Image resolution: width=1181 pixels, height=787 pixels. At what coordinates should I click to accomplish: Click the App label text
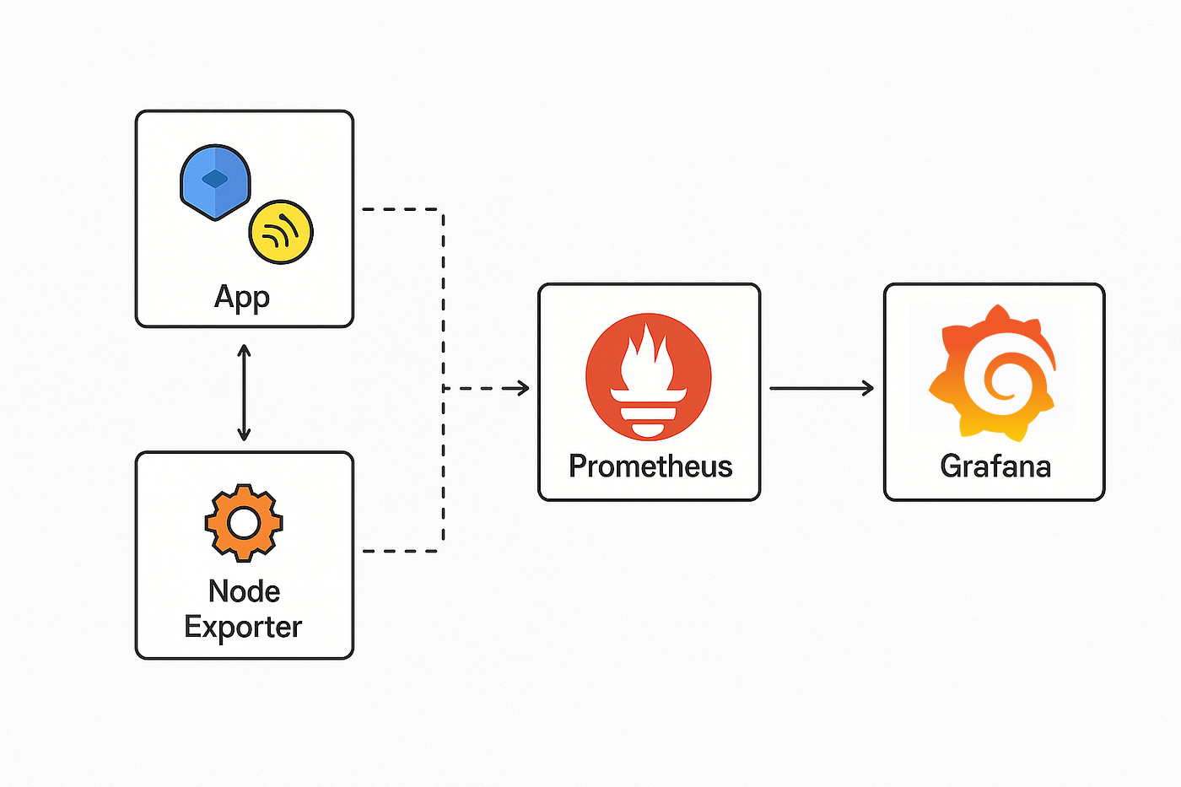pos(242,297)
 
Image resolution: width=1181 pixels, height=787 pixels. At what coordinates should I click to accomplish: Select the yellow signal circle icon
pos(281,232)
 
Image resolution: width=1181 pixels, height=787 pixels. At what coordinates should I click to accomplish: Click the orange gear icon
pos(244,523)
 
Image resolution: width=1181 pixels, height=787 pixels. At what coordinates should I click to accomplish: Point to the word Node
pos(244,591)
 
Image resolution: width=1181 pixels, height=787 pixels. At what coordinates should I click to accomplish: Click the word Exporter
pos(243,627)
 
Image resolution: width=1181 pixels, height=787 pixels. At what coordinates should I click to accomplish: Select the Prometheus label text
pos(650,466)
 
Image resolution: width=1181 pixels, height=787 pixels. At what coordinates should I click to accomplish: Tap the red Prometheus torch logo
pos(649,377)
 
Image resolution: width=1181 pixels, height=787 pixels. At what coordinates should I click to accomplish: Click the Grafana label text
pos(995,466)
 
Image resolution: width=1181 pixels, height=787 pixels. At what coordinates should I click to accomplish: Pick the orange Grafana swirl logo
pos(993,373)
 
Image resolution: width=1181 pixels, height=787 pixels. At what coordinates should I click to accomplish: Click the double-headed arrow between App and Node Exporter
pos(244,392)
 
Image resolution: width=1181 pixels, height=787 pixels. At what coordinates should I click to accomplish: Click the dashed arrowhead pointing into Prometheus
pos(523,388)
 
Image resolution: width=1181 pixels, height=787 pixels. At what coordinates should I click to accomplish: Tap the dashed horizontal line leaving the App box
pos(401,208)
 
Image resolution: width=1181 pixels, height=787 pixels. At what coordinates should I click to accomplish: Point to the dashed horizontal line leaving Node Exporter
pos(401,551)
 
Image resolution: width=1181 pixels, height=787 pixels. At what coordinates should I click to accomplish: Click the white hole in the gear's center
pos(244,523)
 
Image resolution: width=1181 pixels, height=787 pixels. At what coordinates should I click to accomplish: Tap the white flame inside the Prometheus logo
pos(648,358)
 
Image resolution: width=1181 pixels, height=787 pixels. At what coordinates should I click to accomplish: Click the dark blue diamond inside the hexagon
pos(215,178)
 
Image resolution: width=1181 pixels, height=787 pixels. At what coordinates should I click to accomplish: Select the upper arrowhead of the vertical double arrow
pos(244,349)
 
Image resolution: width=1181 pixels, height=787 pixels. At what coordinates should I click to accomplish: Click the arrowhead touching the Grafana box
pos(867,388)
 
